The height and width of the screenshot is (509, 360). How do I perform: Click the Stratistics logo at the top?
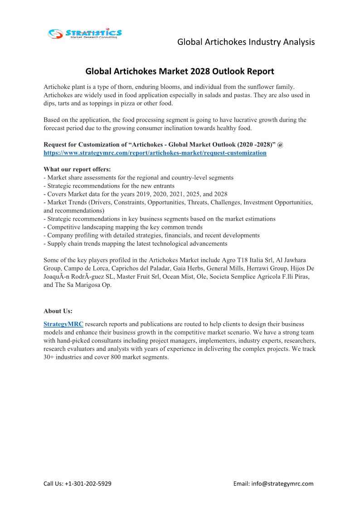tap(85, 33)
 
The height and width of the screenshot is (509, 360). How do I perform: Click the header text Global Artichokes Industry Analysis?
tap(246, 42)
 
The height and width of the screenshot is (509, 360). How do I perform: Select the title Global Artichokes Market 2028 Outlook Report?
tap(180, 71)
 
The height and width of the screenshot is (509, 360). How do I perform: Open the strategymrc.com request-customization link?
tap(155, 153)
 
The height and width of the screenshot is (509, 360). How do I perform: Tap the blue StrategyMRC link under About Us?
tap(63, 324)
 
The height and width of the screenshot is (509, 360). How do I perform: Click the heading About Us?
tap(58, 311)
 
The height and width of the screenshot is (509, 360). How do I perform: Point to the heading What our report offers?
tap(77, 170)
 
